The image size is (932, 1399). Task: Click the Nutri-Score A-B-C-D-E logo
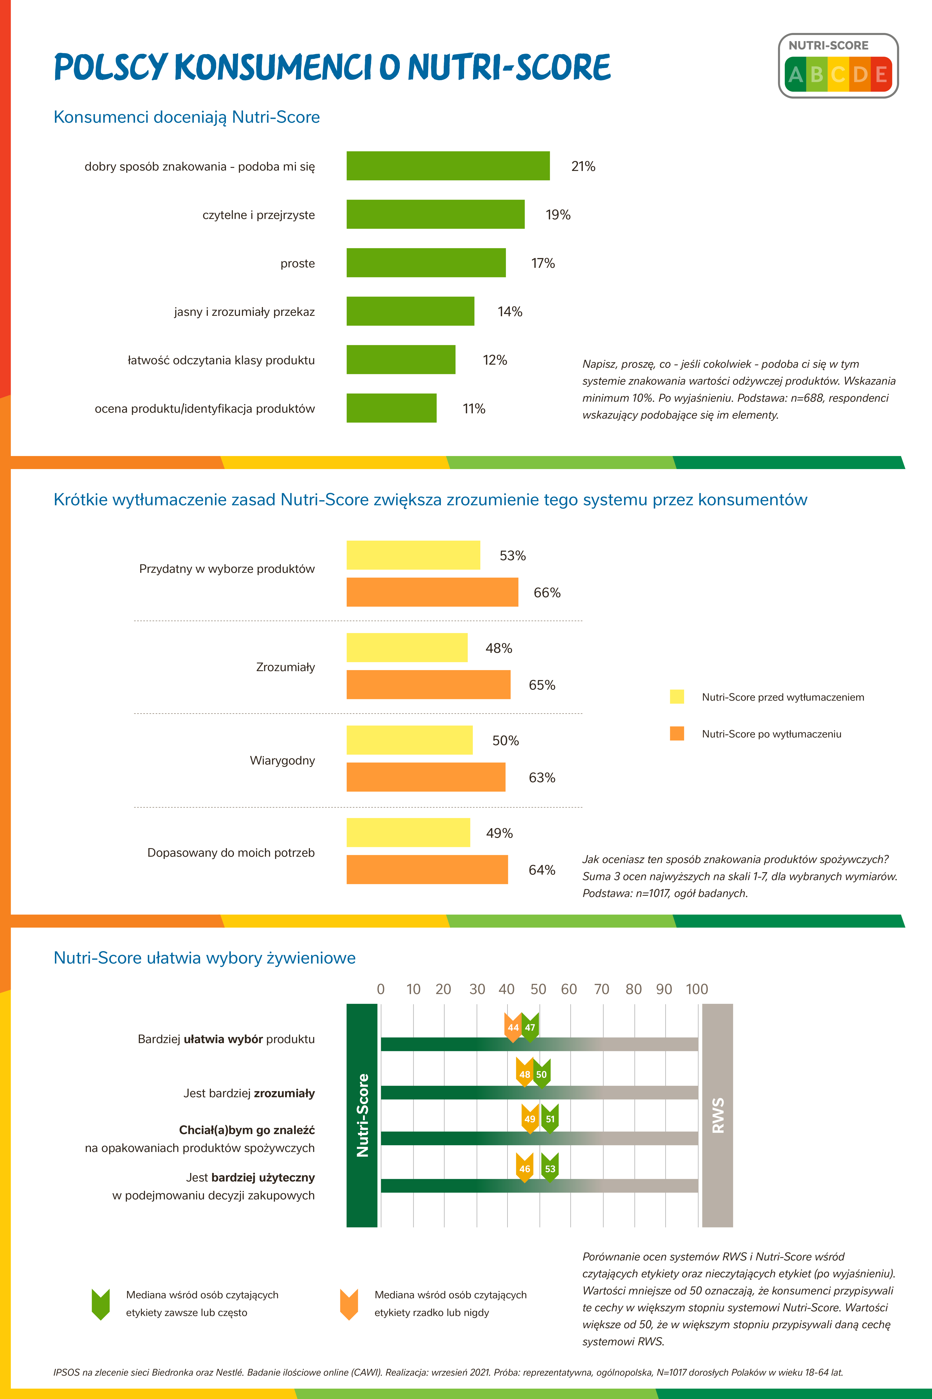click(x=838, y=66)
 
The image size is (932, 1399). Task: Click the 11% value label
click(x=474, y=409)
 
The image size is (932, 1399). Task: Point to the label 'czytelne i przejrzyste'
click(x=258, y=215)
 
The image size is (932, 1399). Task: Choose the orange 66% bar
click(x=432, y=592)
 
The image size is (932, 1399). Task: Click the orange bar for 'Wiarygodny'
click(x=426, y=777)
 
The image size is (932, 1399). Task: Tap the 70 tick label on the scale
click(x=602, y=989)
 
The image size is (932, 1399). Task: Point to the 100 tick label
click(x=697, y=989)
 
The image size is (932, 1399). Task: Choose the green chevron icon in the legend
click(x=101, y=1304)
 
